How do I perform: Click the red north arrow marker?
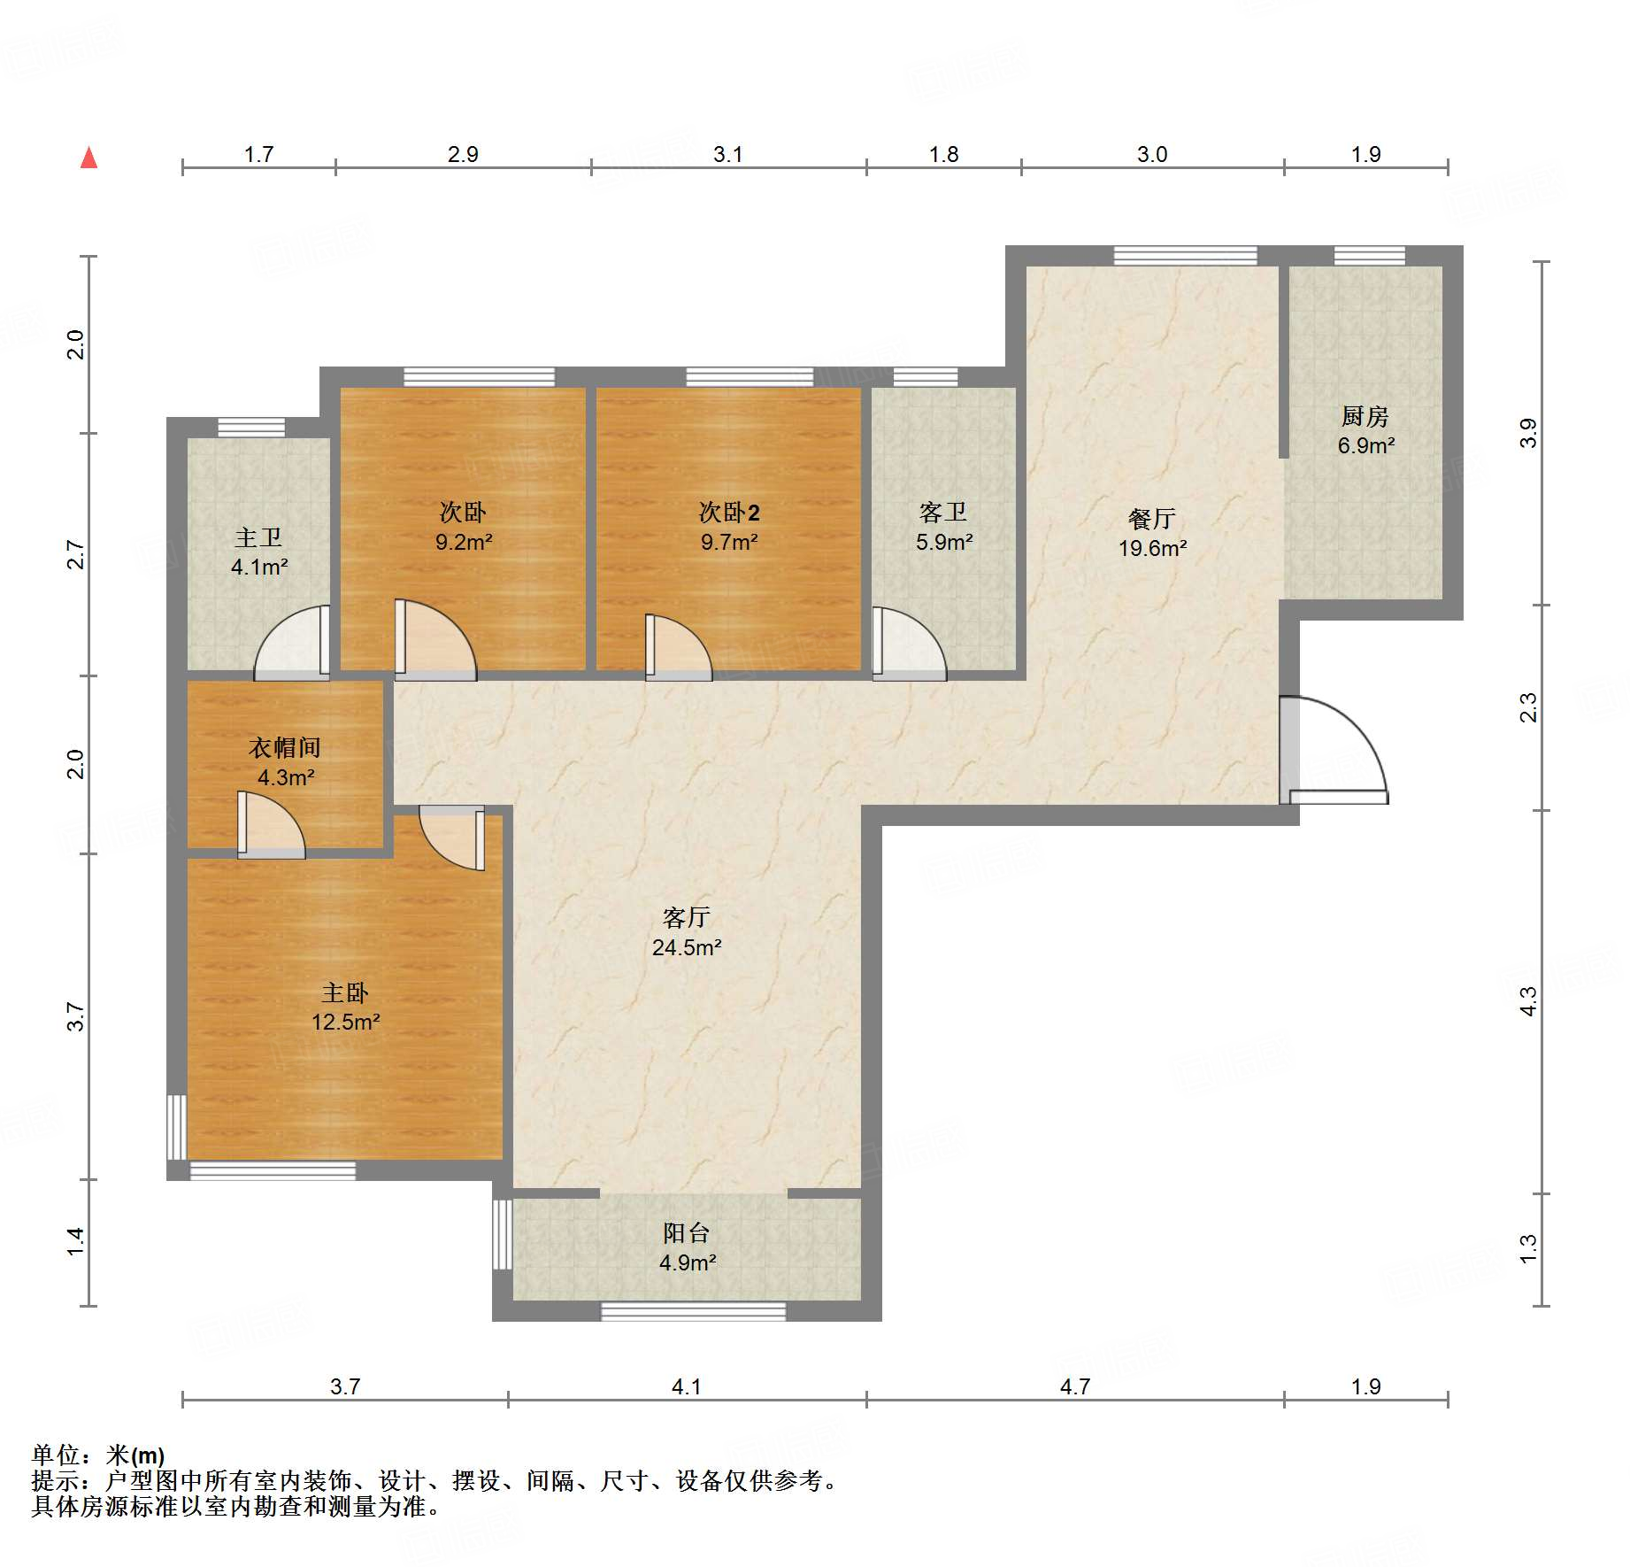click(x=88, y=158)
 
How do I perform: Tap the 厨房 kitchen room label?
click(x=1365, y=416)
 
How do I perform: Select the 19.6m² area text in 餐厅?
click(x=1152, y=548)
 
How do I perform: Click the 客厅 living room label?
click(x=687, y=917)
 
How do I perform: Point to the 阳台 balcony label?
click(x=687, y=1232)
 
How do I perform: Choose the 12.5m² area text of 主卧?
click(x=345, y=1022)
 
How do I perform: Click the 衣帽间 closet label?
click(x=284, y=747)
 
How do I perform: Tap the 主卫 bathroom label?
click(x=258, y=537)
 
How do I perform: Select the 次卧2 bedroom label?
click(x=729, y=512)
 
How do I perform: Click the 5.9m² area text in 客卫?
click(x=944, y=542)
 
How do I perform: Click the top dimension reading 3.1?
click(x=727, y=154)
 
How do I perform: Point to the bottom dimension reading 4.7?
click(x=1074, y=1386)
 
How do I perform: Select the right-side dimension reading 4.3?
click(x=1528, y=1001)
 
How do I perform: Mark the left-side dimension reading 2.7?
click(x=76, y=554)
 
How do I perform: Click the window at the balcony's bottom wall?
click(x=693, y=1311)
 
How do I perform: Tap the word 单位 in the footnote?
click(x=55, y=1455)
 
